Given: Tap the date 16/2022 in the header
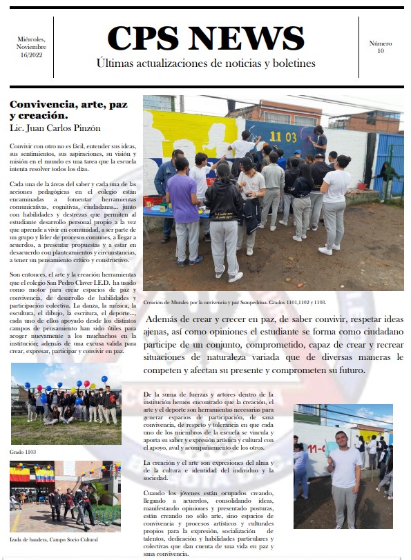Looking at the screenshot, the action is coord(30,55).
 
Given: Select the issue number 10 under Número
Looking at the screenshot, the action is coord(380,51).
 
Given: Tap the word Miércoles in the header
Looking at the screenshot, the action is coord(30,40).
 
